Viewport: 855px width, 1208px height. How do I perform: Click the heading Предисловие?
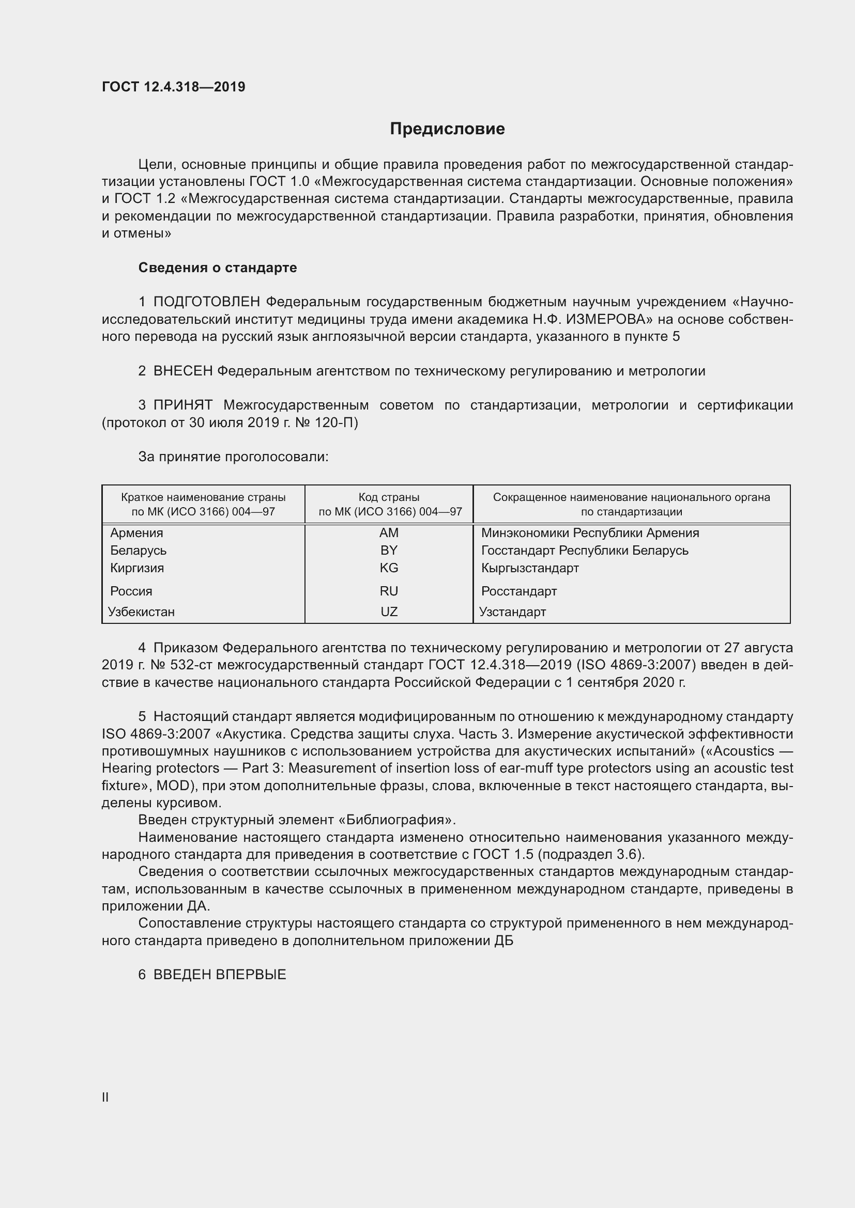447,129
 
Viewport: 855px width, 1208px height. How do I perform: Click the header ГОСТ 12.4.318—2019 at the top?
173,87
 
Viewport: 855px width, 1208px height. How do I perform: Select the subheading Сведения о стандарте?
218,268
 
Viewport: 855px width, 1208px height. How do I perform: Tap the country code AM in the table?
389,533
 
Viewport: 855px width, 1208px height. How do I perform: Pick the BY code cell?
389,551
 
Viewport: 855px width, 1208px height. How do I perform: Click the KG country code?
389,568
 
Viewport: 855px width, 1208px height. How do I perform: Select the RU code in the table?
389,591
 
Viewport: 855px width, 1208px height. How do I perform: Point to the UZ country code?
389,612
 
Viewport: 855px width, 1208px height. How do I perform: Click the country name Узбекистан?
141,612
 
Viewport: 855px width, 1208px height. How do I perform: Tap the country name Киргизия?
137,568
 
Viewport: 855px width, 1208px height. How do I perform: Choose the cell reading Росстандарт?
518,591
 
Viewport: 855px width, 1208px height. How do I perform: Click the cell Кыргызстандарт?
530,568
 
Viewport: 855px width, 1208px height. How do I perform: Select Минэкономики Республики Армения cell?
590,533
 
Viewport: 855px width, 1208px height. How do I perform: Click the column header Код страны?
389,497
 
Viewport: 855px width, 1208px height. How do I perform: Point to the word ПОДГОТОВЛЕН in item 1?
206,302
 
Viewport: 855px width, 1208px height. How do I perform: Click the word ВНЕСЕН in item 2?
182,371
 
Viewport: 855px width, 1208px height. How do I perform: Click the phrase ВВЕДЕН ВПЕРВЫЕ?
220,975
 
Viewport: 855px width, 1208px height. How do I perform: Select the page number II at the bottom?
105,1097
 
